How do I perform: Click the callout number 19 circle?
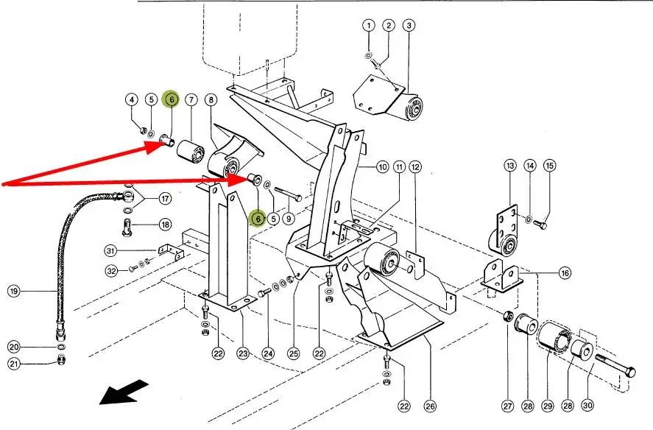[x=13, y=291]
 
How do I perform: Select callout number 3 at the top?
[x=409, y=25]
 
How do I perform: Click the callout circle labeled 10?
[x=382, y=167]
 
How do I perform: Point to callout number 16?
[x=565, y=273]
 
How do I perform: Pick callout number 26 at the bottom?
[x=430, y=405]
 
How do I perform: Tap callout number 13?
[x=509, y=166]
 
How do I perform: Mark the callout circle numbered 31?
[x=110, y=251]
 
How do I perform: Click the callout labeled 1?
[x=368, y=25]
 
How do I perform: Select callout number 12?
[x=415, y=167]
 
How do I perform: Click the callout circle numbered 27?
[x=507, y=405]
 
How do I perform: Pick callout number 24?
[x=268, y=353]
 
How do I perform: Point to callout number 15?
[x=549, y=166]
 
